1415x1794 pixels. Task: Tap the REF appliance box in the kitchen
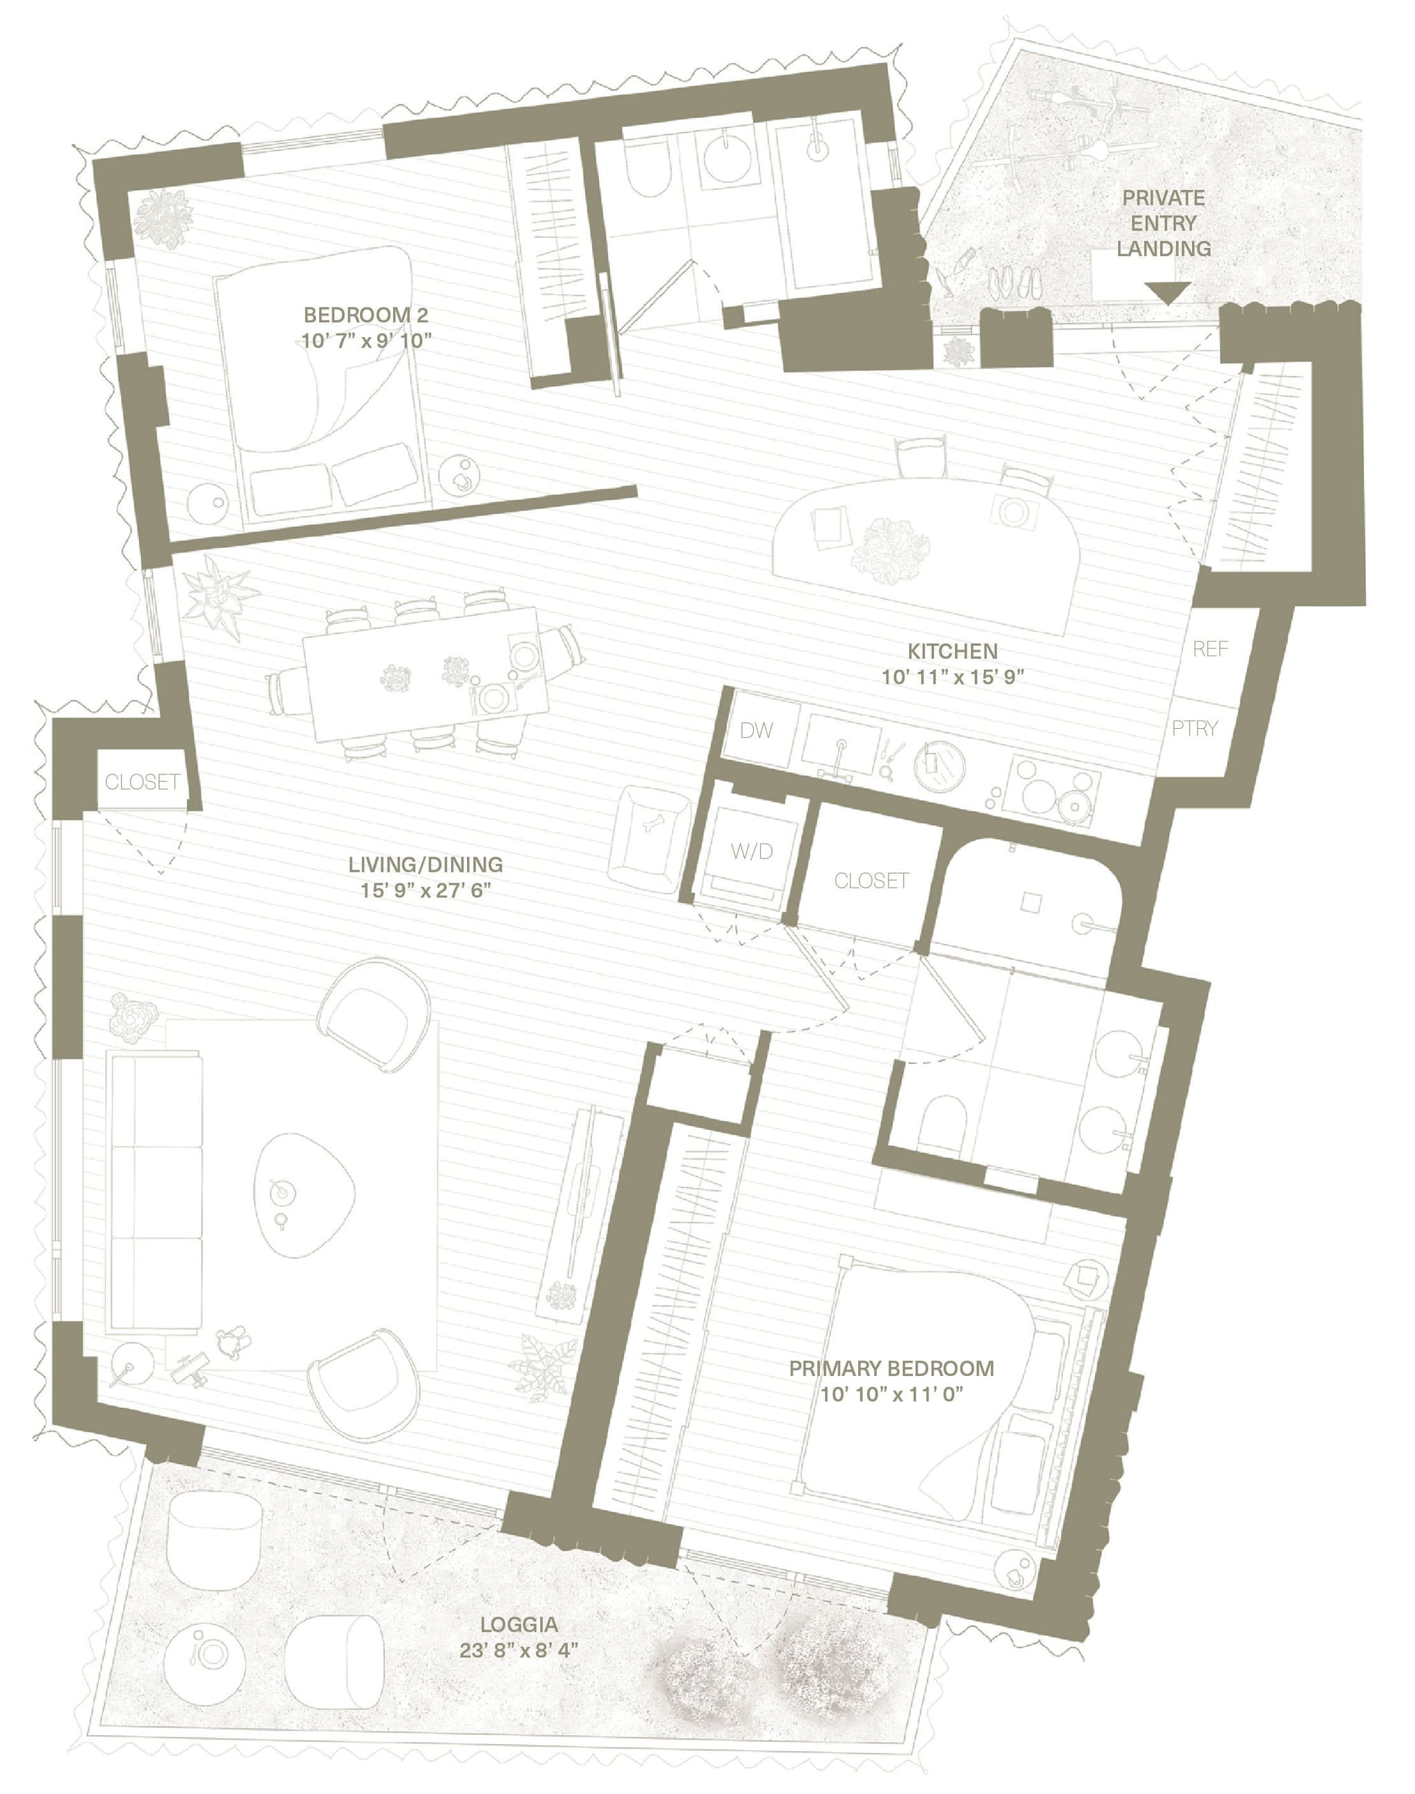pos(1210,649)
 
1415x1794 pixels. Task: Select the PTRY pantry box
pos(1194,728)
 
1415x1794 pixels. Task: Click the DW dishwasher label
pos(756,729)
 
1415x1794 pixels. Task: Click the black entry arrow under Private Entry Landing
pos(1168,292)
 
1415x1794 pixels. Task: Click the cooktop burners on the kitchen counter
pos(1054,790)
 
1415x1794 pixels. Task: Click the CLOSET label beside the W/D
pos(871,881)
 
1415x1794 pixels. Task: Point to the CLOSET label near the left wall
pos(142,781)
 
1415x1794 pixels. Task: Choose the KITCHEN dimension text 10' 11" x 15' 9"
pos(953,676)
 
